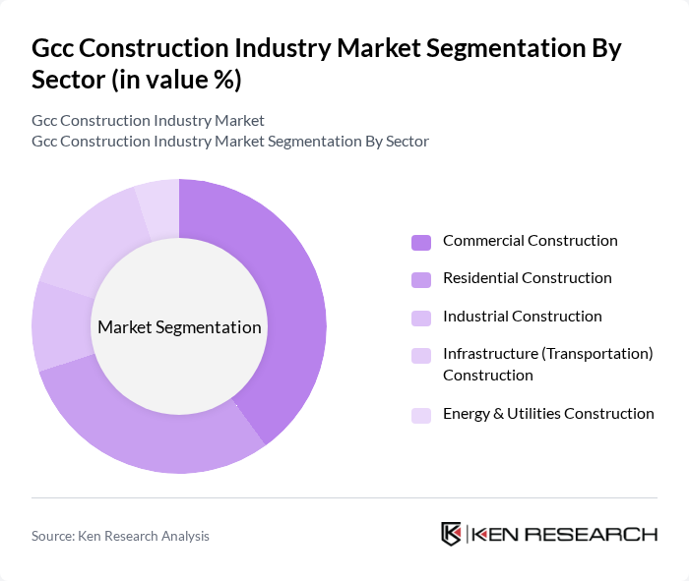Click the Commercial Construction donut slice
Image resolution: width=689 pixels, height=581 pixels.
285,295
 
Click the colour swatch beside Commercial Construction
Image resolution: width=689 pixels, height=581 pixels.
421,242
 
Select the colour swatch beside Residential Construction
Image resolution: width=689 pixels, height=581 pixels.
421,279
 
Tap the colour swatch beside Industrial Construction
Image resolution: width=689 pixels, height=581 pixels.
421,318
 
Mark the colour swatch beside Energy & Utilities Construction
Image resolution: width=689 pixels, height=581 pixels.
421,415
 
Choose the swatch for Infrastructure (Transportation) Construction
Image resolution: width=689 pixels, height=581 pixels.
421,355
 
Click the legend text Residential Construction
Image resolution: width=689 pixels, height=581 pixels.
527,278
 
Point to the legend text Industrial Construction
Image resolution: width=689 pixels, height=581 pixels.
522,317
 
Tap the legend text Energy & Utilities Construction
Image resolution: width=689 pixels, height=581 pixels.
548,414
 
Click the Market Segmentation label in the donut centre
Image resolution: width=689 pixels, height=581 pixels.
179,327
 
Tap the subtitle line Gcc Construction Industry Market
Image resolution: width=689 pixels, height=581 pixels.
148,121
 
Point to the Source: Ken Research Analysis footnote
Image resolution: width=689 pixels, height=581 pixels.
120,536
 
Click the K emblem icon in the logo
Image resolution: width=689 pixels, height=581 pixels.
452,534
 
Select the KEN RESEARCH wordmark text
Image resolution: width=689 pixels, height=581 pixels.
565,534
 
